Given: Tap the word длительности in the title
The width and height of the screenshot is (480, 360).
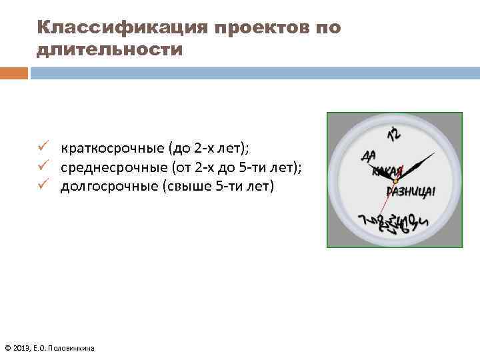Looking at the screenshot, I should pyautogui.click(x=110, y=50).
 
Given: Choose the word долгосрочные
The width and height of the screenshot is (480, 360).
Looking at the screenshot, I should pyautogui.click(x=109, y=185).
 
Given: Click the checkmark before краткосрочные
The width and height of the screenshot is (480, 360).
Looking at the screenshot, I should pyautogui.click(x=43, y=147).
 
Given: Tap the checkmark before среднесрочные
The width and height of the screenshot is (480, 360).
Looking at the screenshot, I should pyautogui.click(x=43, y=165).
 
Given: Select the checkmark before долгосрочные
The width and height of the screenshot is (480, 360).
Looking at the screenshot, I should pyautogui.click(x=43, y=184).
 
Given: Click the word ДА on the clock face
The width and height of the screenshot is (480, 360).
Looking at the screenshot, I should pyautogui.click(x=368, y=157).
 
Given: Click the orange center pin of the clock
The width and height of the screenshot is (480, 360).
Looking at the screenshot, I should pyautogui.click(x=395, y=181).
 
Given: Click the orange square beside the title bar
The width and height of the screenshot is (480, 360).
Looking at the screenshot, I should pyautogui.click(x=14, y=73).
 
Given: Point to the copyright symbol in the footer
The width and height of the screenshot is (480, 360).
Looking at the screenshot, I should pyautogui.click(x=7, y=348).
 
